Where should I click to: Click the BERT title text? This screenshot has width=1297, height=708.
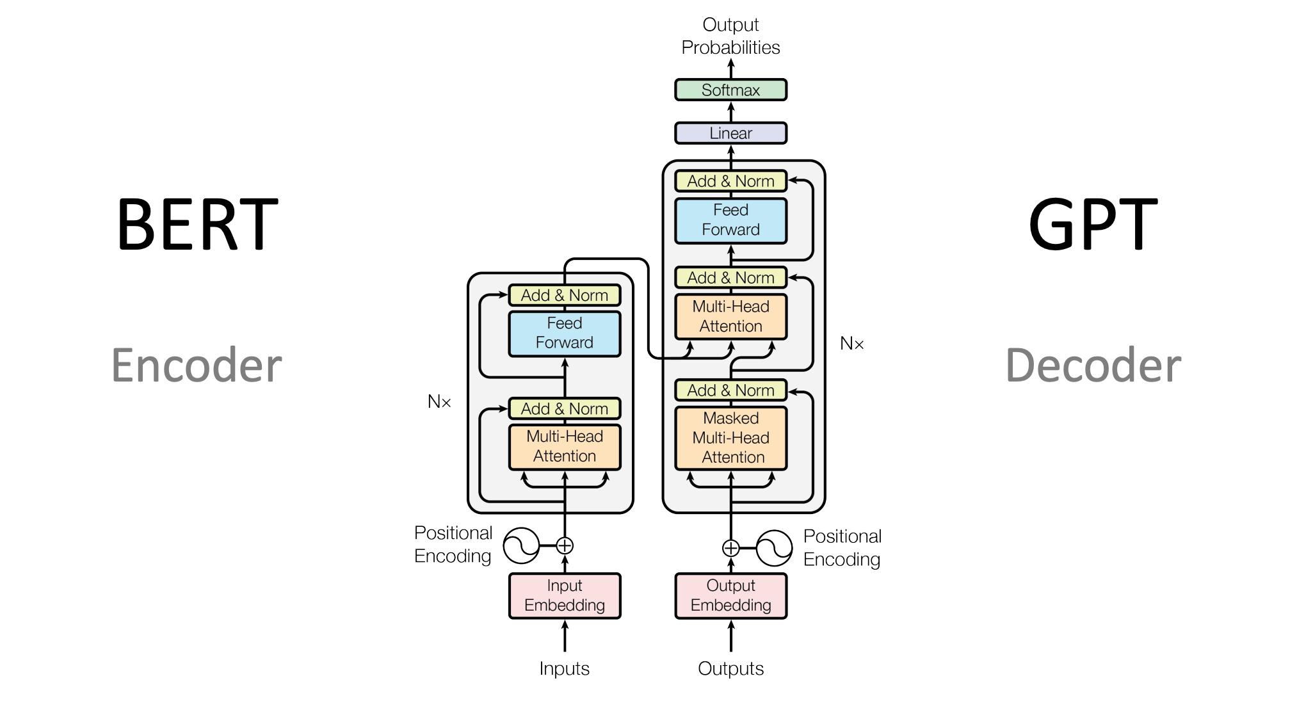[x=197, y=225]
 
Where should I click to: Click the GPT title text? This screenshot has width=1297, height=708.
[x=1093, y=225]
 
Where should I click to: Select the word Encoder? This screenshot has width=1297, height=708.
[x=197, y=366]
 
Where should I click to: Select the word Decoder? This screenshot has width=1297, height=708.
[x=1093, y=366]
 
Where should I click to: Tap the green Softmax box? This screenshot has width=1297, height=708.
[x=730, y=90]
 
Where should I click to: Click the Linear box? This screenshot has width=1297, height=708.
[x=730, y=133]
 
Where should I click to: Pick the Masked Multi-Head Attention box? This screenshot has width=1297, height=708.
[x=730, y=438]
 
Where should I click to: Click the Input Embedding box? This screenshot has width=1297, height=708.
[x=565, y=595]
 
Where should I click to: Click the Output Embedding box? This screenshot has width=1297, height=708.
[x=730, y=595]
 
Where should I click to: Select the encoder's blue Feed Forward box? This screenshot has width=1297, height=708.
[x=565, y=333]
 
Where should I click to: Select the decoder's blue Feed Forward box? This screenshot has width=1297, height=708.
[x=730, y=220]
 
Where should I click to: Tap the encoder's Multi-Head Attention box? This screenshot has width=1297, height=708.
[x=565, y=446]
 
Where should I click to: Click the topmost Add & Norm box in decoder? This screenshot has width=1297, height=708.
[x=730, y=181]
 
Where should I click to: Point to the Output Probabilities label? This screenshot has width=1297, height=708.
[x=730, y=36]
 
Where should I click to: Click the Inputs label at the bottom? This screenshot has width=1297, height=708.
[x=564, y=668]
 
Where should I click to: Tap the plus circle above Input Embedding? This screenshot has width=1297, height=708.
[x=565, y=546]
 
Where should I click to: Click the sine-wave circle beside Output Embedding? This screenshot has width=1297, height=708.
[x=775, y=548]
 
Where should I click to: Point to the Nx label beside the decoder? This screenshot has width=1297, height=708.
[x=851, y=344]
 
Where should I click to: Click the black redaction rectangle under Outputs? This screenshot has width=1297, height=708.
[x=743, y=694]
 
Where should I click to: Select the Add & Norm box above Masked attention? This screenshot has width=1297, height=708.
[x=730, y=390]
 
